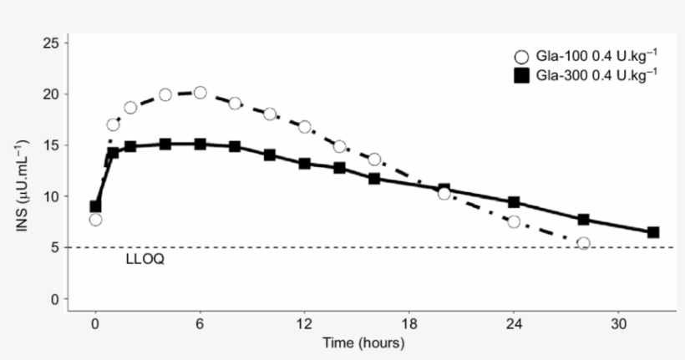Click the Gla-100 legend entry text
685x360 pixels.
596,57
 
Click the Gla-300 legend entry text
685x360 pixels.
596,76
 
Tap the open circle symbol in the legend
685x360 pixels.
522,58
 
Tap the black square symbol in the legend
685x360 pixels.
522,77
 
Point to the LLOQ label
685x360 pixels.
145,260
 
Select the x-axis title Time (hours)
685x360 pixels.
363,343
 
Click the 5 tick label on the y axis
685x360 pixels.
54,247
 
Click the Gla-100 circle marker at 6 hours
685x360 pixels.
200,93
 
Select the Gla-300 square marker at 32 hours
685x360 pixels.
653,232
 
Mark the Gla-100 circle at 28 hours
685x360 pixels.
583,243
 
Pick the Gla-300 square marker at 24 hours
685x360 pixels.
514,202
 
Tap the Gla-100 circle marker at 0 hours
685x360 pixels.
95,220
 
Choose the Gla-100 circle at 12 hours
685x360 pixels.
305,127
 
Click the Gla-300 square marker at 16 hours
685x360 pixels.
374,179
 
